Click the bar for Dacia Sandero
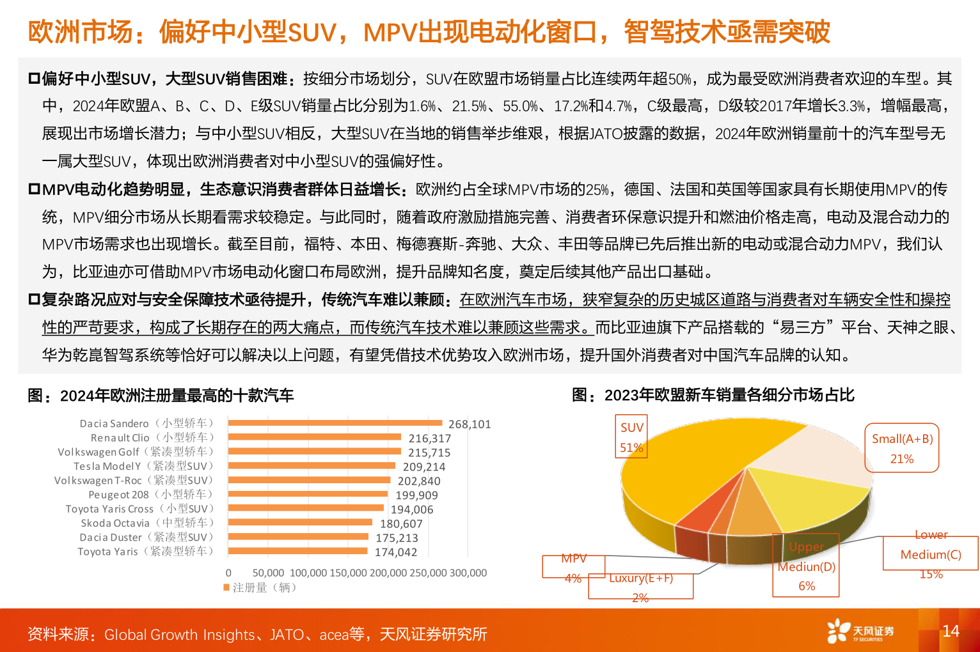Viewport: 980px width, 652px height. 335,423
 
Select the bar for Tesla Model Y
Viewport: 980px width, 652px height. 312,465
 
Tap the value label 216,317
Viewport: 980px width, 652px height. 429,439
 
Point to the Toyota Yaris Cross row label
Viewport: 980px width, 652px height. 139,509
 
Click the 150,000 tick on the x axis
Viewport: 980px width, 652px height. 349,573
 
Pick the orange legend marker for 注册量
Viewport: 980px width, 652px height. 226,587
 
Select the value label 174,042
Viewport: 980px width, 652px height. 395,552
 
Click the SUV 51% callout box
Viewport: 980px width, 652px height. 631,437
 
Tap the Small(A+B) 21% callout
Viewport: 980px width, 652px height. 901,448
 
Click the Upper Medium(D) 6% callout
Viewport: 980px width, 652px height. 806,566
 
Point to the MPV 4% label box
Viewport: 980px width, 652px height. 573,567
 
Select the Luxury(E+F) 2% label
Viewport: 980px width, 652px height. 640,587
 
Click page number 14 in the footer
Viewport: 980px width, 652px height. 951,631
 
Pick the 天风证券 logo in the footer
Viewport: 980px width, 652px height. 860,631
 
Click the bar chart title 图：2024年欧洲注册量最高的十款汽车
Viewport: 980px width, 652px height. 161,396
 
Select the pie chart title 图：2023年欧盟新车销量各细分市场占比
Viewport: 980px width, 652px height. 713,395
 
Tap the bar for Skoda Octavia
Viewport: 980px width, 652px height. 299,522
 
